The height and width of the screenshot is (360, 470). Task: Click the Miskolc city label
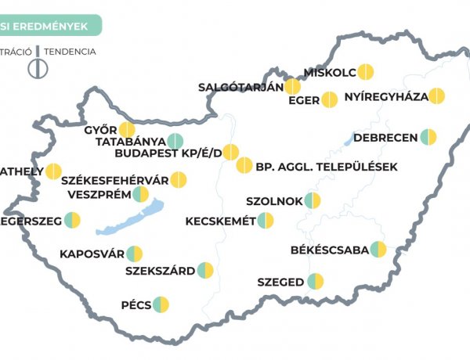coord(330,72)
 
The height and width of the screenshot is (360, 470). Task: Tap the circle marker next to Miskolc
coord(365,72)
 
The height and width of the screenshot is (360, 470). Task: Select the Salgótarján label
coord(240,87)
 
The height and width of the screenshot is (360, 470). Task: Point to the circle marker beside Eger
coord(330,100)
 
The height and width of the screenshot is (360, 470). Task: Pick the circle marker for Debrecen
coord(428,137)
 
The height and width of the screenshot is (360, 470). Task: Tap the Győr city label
coord(100,129)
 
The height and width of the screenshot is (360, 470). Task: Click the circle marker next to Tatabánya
coord(175,142)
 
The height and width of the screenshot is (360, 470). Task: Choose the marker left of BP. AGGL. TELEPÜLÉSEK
coord(244,165)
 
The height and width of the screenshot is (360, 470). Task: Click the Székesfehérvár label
coord(114,179)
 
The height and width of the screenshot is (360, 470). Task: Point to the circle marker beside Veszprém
coord(140,194)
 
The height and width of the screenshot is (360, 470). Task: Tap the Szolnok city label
coord(274,201)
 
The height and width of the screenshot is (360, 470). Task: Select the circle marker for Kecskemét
coord(266,221)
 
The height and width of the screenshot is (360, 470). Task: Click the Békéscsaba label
coord(329,250)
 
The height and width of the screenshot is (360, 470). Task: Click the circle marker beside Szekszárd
coord(205,271)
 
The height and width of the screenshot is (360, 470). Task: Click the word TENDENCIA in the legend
coord(70,52)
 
